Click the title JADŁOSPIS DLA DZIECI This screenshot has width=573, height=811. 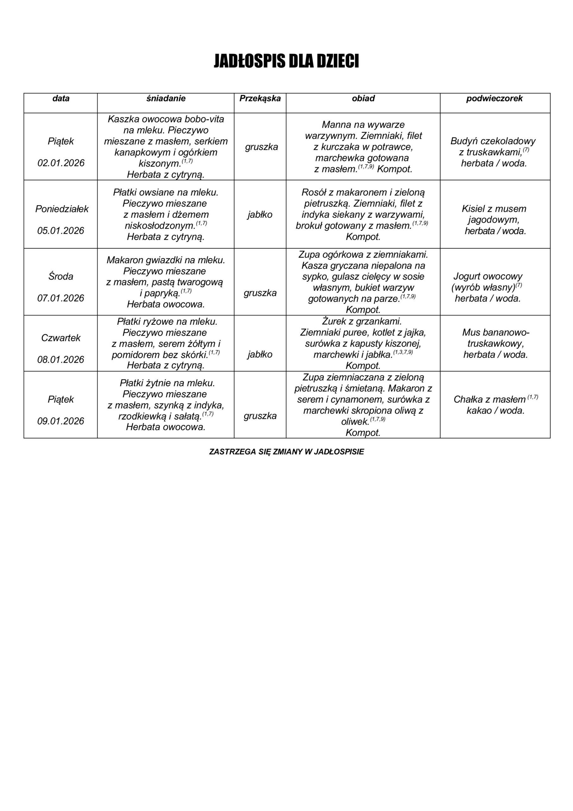coord(286,61)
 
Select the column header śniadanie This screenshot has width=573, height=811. coord(166,99)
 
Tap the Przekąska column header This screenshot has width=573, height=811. coord(260,99)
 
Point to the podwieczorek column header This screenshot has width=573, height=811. coord(494,99)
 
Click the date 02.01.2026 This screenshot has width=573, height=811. coord(61,163)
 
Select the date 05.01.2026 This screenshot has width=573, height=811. coord(61,231)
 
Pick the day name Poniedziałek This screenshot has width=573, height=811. coord(62,209)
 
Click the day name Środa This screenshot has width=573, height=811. coord(61,276)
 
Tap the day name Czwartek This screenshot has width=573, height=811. coord(61,338)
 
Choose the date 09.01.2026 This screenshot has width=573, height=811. coord(61,421)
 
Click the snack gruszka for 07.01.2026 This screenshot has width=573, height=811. coord(260,293)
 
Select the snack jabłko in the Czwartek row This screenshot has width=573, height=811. coord(260,354)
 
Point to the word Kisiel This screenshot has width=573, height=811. coord(473,209)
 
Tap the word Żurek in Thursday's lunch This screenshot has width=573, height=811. coord(334,322)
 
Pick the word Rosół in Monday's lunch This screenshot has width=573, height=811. coord(313,193)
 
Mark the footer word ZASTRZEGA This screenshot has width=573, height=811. coord(232,452)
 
